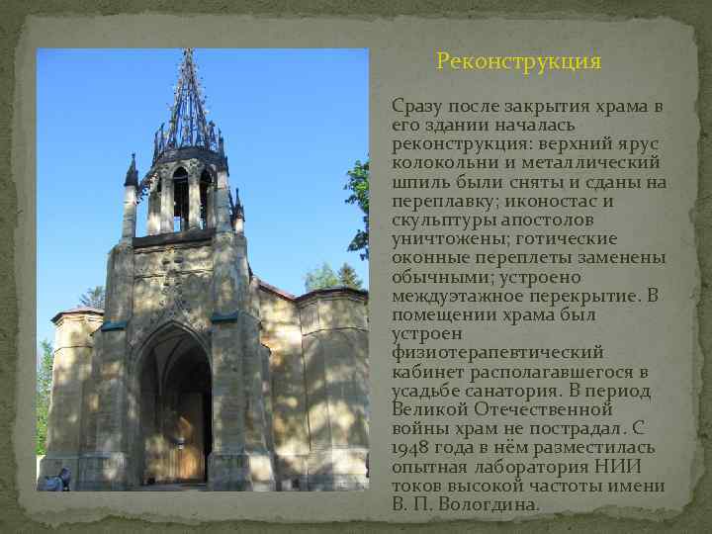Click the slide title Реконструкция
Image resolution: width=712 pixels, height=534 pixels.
point(518,61)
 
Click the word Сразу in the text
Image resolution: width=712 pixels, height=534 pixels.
point(418,106)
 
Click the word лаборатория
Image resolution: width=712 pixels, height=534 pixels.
point(534,466)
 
